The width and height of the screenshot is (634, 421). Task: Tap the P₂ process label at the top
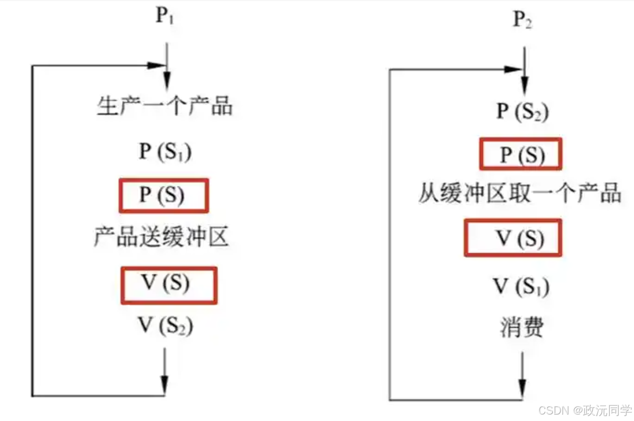[x=522, y=21]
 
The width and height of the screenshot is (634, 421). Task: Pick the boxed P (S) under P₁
[x=163, y=195]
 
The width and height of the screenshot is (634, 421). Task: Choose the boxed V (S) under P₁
[x=169, y=285]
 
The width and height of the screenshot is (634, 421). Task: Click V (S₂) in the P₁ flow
[x=165, y=326]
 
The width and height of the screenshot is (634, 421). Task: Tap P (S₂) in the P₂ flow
[x=522, y=112]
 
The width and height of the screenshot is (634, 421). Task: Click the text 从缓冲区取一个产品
[x=519, y=193]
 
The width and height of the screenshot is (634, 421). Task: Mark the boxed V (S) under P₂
[x=513, y=238]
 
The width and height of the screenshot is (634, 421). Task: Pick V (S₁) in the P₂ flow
[x=520, y=287]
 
